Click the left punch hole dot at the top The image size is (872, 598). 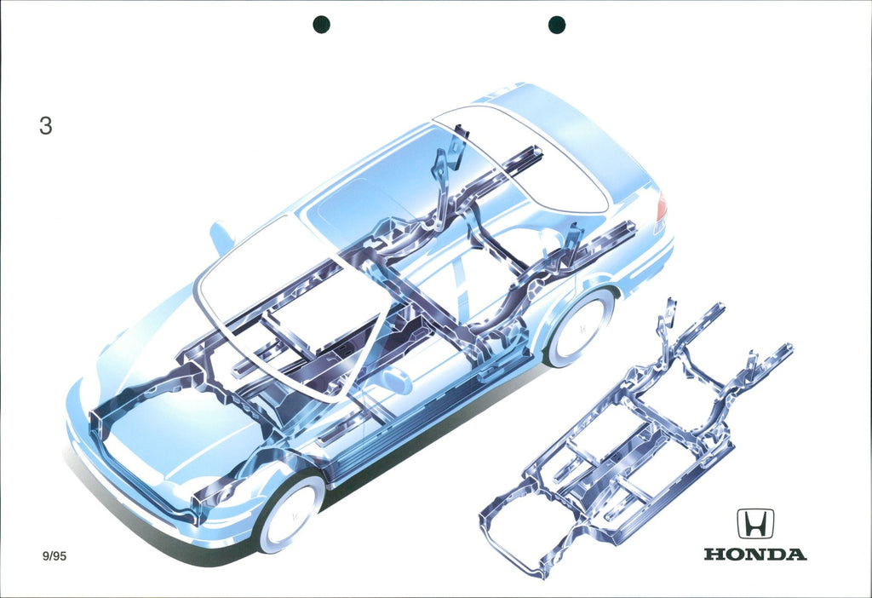point(321,25)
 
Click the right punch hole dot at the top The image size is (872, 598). point(557,25)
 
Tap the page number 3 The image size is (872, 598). point(46,126)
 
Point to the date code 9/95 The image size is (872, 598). point(54,555)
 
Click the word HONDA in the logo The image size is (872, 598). point(755,554)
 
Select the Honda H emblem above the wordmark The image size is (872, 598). point(755,523)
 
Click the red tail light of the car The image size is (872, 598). point(661,208)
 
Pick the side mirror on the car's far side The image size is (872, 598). point(222,237)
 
